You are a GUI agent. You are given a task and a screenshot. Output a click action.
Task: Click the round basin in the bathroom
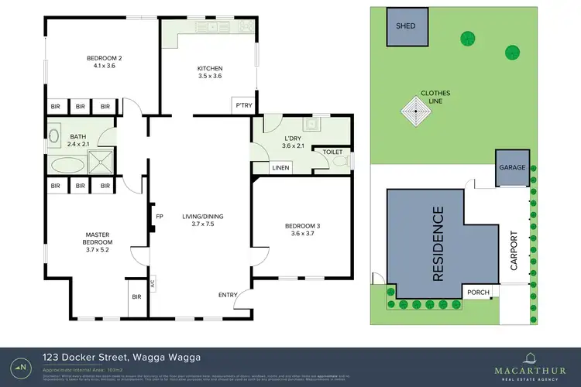click(x=54, y=137)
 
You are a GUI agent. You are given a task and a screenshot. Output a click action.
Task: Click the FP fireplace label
click(x=160, y=217)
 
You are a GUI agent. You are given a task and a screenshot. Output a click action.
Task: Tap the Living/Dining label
click(x=201, y=221)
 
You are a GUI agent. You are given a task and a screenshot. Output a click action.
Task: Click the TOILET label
click(x=332, y=152)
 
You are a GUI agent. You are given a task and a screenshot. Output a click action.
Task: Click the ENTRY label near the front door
click(x=228, y=295)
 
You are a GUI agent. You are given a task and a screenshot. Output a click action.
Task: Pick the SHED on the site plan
click(x=406, y=26)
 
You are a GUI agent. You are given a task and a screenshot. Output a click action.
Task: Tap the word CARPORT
click(x=512, y=251)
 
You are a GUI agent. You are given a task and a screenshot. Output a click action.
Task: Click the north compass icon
click(x=22, y=366)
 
